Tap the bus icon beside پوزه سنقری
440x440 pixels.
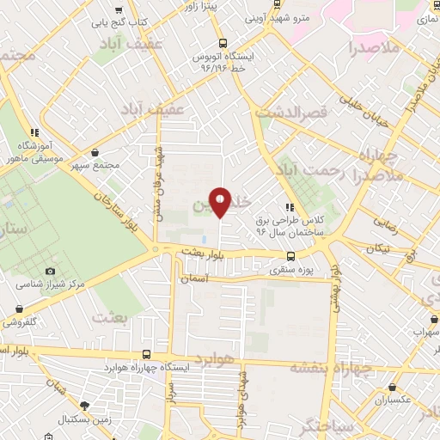[x=290, y=256]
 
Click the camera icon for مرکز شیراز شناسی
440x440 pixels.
[x=50, y=272]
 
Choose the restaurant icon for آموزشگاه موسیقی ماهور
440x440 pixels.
[x=34, y=132]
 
